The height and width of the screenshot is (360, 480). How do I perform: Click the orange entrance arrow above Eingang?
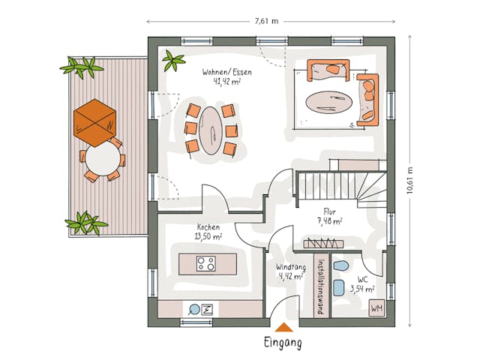pyautogui.click(x=283, y=327)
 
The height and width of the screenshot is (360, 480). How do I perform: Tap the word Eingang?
pyautogui.click(x=283, y=343)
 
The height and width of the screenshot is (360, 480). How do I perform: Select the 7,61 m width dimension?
pyautogui.click(x=265, y=21)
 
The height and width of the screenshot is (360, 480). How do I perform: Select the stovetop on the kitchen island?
pyautogui.click(x=206, y=263)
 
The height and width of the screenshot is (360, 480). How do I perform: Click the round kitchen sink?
pyautogui.click(x=194, y=308)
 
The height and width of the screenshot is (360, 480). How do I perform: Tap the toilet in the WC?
pyautogui.click(x=341, y=266)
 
